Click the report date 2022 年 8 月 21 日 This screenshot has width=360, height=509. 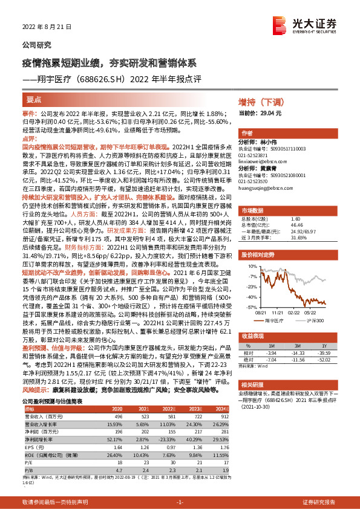click(x=47, y=27)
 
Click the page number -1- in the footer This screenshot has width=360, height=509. click(x=180, y=502)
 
